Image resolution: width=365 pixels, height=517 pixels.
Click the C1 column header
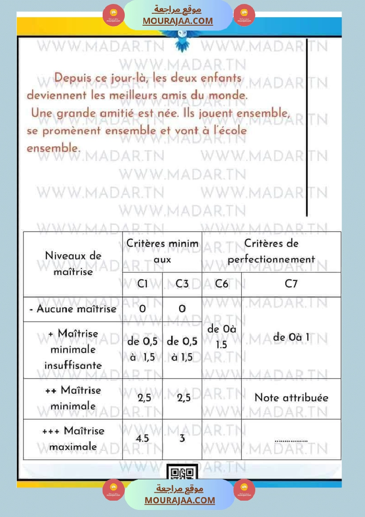coord(142,284)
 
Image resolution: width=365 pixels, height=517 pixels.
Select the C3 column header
coord(182,284)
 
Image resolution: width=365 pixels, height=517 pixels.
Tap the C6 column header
coord(222,284)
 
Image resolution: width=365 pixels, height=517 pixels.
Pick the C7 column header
coord(291,284)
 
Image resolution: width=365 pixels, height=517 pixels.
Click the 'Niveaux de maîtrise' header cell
coord(73,264)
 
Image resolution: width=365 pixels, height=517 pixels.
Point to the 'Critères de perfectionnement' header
coord(271,251)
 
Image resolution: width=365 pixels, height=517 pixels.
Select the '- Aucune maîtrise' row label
coord(73,309)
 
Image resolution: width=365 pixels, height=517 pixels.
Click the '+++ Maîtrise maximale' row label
coord(73,439)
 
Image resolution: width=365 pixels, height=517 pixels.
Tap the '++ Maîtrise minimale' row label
coord(73,398)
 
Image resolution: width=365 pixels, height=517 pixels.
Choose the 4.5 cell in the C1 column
coord(142,439)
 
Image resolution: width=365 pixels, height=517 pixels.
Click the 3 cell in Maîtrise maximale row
coord(182,439)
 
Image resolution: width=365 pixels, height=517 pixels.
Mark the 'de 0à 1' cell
coord(291,337)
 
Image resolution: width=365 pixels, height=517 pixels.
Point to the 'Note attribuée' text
coord(291,398)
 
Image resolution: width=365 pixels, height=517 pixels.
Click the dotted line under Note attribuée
coord(291,440)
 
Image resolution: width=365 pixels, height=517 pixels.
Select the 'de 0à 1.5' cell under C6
coord(222,337)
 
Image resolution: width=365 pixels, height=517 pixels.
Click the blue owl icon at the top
coord(182,43)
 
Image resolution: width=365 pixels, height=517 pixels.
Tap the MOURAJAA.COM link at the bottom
coord(180,500)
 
